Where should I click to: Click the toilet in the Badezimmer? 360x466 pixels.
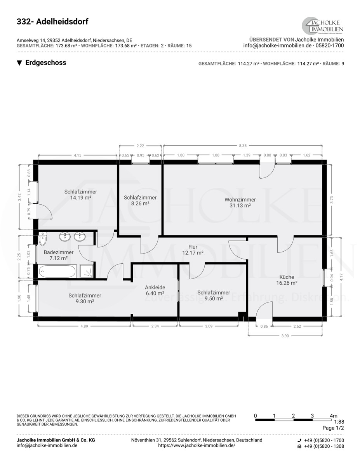[43, 239]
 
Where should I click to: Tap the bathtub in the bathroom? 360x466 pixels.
[57, 271]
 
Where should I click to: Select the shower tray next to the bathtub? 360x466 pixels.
[87, 271]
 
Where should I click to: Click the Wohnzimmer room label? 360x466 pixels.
[240, 200]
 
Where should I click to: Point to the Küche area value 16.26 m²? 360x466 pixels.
[287, 283]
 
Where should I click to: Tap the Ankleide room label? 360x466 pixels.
[155, 287]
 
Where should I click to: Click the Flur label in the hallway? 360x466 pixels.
[193, 247]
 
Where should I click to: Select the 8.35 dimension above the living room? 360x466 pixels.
[243, 146]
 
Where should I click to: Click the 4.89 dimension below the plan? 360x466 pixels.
[84, 326]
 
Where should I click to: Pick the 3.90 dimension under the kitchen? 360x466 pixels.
[285, 336]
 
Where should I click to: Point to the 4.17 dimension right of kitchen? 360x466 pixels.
[341, 277]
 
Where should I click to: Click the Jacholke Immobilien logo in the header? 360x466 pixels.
[322, 26]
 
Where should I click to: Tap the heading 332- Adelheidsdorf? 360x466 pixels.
[52, 22]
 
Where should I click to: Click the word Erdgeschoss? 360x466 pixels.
[46, 63]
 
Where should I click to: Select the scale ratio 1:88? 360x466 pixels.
[339, 422]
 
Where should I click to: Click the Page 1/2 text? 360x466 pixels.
[333, 428]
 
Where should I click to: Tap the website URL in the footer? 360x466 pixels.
[197, 445]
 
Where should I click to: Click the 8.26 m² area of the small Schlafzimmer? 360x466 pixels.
[140, 203]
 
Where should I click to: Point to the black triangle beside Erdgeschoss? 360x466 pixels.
[19, 63]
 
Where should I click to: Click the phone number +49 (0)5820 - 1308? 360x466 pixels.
[324, 446]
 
